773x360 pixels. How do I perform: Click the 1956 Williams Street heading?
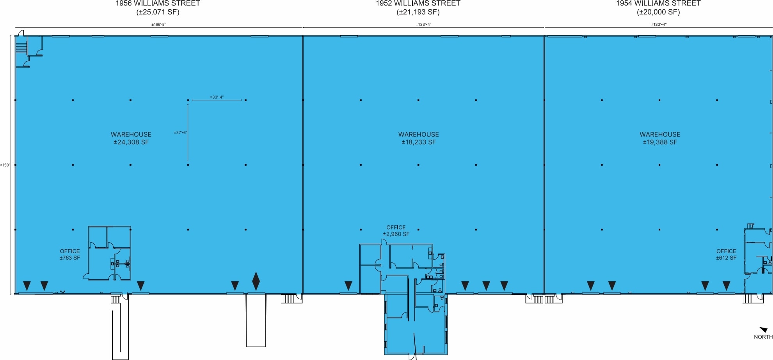[158, 4]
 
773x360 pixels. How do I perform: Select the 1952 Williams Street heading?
[418, 4]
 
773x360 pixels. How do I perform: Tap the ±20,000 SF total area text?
[658, 12]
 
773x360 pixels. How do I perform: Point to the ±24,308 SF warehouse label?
[131, 142]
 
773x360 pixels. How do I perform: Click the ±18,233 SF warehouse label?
[418, 142]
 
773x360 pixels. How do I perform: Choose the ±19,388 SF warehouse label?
[659, 142]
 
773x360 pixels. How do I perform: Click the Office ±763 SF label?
[70, 254]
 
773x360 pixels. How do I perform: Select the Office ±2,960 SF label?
[396, 231]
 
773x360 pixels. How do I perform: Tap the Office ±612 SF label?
[726, 254]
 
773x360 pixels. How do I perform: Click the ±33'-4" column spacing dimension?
[217, 97]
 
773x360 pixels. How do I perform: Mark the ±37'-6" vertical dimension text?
[180, 133]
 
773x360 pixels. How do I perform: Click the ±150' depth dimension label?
[5, 165]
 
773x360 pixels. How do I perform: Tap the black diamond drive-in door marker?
[256, 281]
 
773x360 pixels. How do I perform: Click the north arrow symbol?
[764, 330]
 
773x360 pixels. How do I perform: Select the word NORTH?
[763, 337]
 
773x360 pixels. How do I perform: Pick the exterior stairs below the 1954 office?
[747, 298]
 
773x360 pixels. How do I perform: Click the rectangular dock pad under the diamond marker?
[256, 320]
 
